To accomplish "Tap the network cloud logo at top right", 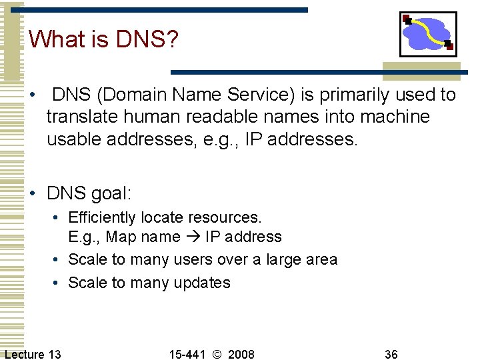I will click(x=428, y=34).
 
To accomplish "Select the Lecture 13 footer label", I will click(x=33, y=354).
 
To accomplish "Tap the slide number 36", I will click(x=391, y=354).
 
